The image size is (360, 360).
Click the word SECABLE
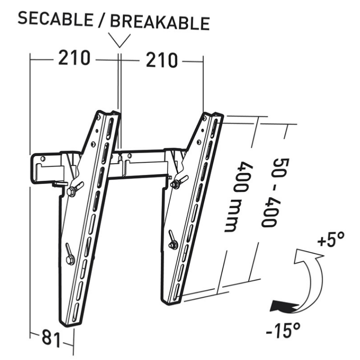coord(55,19)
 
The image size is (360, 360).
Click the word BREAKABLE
coord(160,23)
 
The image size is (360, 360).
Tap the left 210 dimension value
coord(74,58)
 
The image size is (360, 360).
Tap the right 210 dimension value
coord(162,60)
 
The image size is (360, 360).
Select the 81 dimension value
coord(51,338)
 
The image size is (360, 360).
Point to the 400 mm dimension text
coord(237,197)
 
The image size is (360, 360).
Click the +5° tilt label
coord(331,239)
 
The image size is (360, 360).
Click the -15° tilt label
coord(283,330)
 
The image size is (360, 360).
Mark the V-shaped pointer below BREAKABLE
coord(119,41)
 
